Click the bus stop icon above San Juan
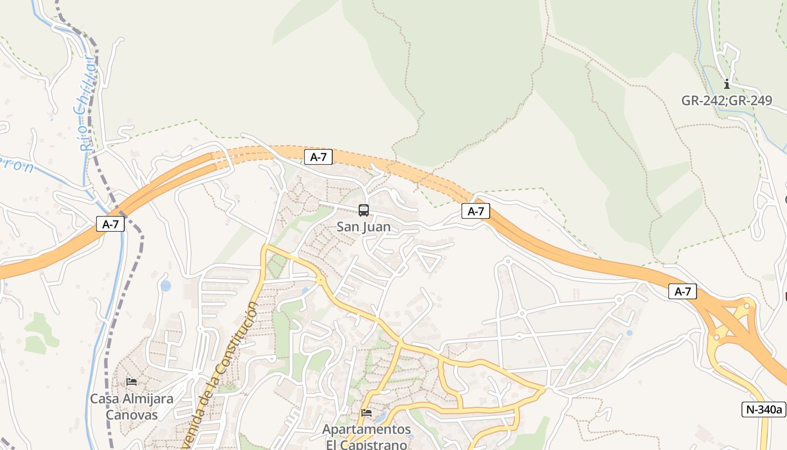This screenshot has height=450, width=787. point(364,210)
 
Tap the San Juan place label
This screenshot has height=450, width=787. point(363,227)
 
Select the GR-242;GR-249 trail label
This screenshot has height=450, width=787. point(726,101)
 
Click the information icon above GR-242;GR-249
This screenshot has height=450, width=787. point(727,84)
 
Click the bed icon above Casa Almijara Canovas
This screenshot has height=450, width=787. point(132,381)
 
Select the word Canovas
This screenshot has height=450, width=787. point(132,415)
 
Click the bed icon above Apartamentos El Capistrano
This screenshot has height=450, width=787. point(367,413)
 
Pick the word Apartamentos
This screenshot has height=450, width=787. point(367,430)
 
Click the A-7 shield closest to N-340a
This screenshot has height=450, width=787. point(682,291)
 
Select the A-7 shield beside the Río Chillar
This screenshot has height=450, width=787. point(110,224)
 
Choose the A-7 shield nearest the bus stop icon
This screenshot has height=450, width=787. point(318,157)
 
